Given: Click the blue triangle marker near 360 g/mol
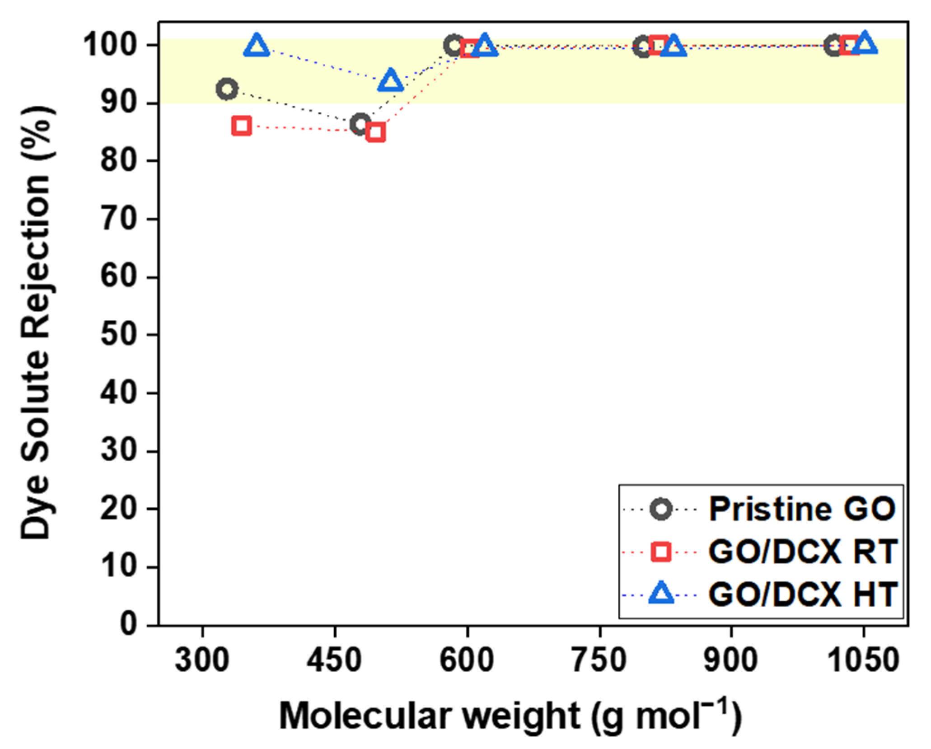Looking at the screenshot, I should [257, 46].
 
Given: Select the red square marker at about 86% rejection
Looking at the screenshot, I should [242, 126].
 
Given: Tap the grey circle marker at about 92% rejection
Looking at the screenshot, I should [227, 89].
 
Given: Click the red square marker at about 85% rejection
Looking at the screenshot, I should [376, 133].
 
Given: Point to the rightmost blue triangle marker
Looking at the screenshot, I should [865, 44].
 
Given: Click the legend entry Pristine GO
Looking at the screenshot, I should [802, 510].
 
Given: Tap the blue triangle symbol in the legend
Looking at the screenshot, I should [661, 595].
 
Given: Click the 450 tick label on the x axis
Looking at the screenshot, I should [334, 661].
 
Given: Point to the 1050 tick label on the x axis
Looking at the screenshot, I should [863, 661].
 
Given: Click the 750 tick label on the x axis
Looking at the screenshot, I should [599, 661].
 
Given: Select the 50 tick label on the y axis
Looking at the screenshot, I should [119, 335].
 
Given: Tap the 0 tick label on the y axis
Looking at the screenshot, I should [129, 625].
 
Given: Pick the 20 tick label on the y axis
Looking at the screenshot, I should [119, 509].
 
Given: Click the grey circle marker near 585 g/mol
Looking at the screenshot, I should [454, 45].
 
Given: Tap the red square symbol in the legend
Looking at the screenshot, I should [661, 552].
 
